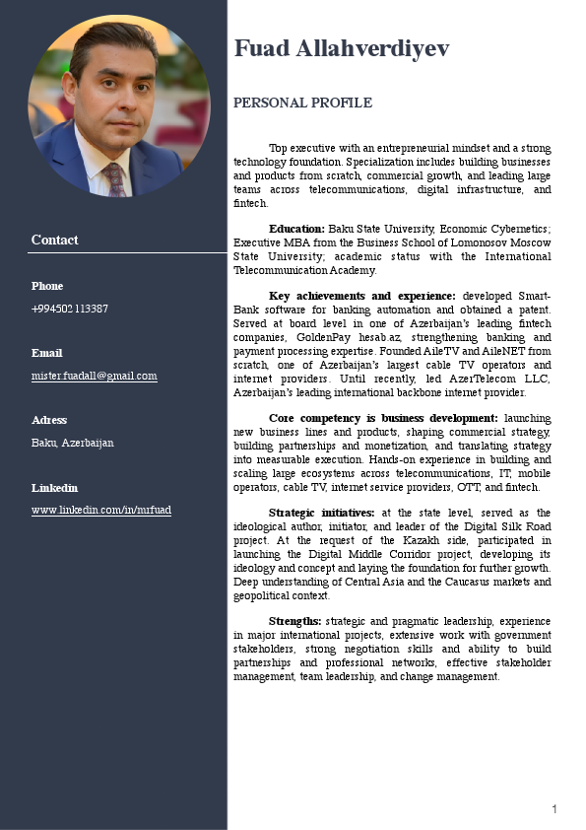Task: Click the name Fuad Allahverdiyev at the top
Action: click(341, 48)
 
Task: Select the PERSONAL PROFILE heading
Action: click(302, 103)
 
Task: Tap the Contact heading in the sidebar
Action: click(54, 240)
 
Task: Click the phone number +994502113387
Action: click(70, 309)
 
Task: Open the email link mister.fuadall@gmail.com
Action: click(94, 376)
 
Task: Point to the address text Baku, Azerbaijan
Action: click(72, 443)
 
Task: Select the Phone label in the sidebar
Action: click(47, 286)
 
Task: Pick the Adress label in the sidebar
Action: click(49, 420)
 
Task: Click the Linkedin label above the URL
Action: click(54, 488)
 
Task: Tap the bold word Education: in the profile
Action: click(296, 229)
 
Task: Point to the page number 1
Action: click(554, 809)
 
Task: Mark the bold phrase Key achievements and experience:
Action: click(361, 296)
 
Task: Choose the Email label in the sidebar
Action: click(46, 353)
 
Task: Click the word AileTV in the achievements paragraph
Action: click(448, 350)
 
